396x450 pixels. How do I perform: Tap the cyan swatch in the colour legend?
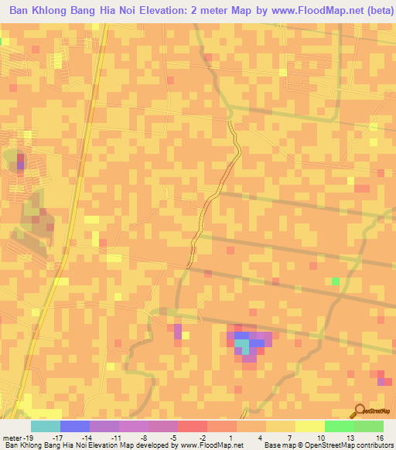[46, 426]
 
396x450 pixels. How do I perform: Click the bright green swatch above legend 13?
[339, 426]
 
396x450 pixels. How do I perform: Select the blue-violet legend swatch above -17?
[75, 426]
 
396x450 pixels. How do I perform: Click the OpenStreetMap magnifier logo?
[360, 411]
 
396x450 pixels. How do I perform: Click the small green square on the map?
[336, 281]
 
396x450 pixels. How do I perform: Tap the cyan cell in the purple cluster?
[243, 345]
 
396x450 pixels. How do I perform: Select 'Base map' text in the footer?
[280, 446]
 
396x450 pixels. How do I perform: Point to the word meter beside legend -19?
[12, 437]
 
